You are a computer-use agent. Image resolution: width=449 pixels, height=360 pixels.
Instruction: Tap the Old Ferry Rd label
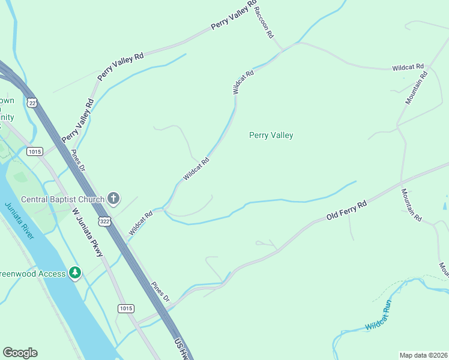(x=346, y=211)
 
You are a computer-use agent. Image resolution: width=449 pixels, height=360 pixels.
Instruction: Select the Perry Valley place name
(x=271, y=136)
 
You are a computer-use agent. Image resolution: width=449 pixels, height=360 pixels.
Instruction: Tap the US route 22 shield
(x=32, y=103)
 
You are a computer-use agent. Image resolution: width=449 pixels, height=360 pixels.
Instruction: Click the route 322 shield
(x=105, y=221)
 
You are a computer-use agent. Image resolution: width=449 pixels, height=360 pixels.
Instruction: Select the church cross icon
(x=113, y=199)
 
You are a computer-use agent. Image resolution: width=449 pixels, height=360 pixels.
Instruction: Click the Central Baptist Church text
(x=62, y=199)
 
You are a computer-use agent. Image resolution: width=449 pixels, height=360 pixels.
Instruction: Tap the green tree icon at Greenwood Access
(x=74, y=274)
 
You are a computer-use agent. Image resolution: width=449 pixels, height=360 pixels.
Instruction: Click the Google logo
(x=20, y=353)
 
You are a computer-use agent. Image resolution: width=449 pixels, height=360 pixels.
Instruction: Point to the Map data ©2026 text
(x=424, y=355)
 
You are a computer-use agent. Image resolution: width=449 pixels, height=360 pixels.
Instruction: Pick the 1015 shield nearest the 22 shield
(x=34, y=151)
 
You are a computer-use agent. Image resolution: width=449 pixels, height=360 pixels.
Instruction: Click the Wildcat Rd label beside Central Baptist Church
(x=141, y=222)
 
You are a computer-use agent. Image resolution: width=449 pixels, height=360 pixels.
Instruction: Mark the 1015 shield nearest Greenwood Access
(x=125, y=308)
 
